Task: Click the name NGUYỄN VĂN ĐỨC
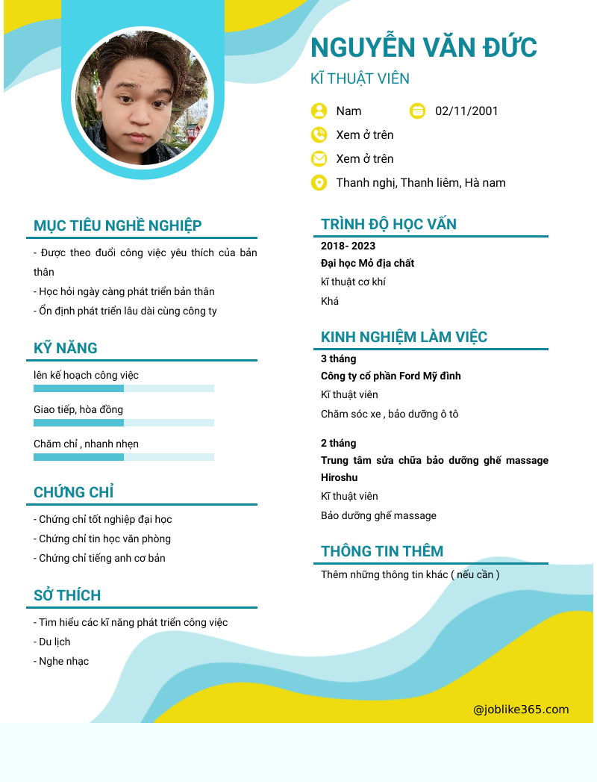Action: click(x=423, y=47)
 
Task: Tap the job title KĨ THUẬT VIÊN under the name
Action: click(x=360, y=79)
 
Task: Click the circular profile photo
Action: click(x=143, y=98)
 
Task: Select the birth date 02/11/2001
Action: click(x=466, y=111)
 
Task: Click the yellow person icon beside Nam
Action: click(x=319, y=111)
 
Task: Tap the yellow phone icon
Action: click(x=319, y=135)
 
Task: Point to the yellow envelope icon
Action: click(x=319, y=159)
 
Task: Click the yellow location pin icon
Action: click(x=319, y=183)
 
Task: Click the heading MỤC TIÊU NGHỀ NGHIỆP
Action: click(x=118, y=226)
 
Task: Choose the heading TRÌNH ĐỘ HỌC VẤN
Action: click(x=389, y=224)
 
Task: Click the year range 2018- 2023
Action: click(x=348, y=246)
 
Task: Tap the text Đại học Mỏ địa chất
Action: click(x=367, y=263)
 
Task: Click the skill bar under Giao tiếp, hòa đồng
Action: click(x=124, y=423)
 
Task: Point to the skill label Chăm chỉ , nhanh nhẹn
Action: click(x=86, y=444)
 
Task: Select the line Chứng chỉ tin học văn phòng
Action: click(x=104, y=539)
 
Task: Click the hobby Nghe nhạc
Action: click(x=63, y=661)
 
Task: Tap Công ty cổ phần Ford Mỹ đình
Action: click(x=390, y=376)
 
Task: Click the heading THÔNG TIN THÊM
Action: click(x=382, y=551)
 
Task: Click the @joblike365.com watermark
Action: click(x=521, y=710)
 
